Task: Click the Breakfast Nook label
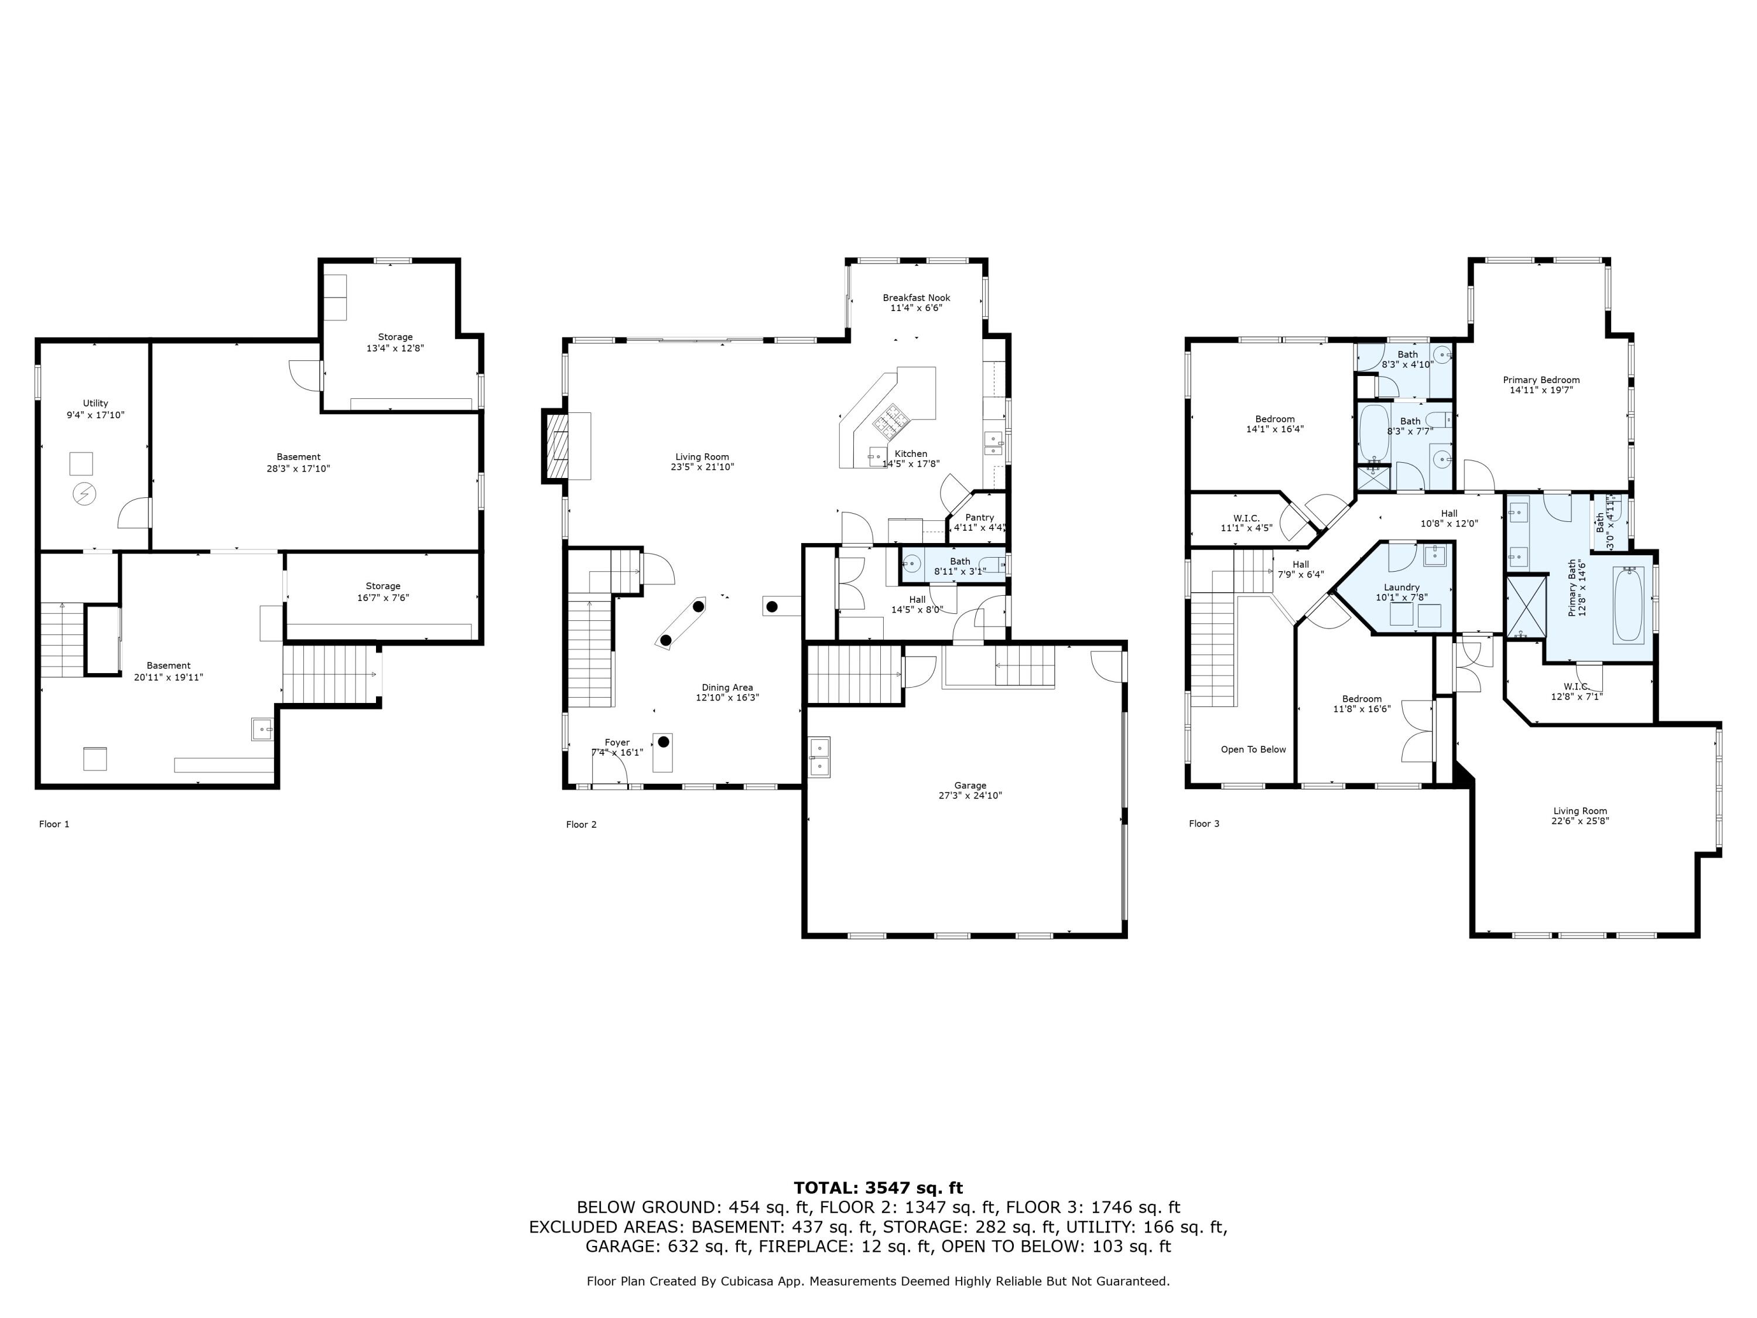[916, 298]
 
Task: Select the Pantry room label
[979, 517]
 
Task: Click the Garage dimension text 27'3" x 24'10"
[970, 795]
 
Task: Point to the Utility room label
[95, 404]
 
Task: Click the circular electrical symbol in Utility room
[83, 495]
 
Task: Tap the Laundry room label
[1401, 587]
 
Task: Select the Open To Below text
[1253, 749]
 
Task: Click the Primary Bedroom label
[1541, 380]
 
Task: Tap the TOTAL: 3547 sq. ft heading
[878, 1188]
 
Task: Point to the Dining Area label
[727, 687]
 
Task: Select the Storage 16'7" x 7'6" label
[383, 592]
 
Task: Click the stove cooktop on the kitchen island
[889, 419]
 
